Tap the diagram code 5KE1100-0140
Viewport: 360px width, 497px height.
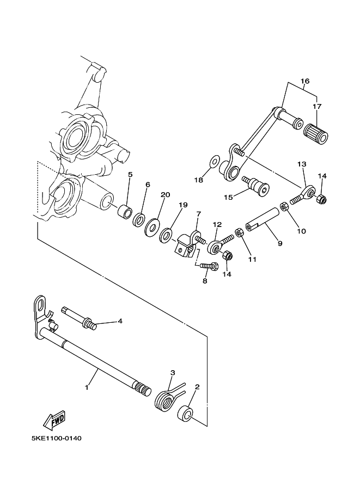(57, 438)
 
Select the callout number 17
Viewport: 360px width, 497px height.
(318, 106)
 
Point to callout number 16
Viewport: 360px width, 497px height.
(304, 81)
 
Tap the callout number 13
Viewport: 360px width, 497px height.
(302, 163)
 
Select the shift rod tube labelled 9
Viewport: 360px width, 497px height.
(264, 223)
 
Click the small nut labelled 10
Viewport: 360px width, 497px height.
(284, 206)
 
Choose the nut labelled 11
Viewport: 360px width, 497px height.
(240, 233)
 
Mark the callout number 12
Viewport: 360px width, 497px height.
(217, 224)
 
